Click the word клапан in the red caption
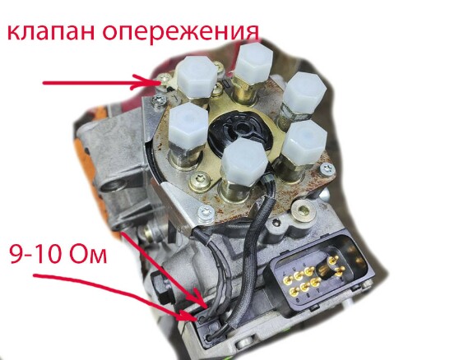[51, 31]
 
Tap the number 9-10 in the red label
[35, 254]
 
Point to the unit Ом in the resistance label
[88, 254]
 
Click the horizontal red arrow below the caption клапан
[100, 82]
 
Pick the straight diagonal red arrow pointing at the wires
[164, 269]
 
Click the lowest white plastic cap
[244, 162]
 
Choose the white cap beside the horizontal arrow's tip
[197, 77]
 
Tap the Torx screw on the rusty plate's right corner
[327, 168]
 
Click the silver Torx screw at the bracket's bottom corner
[206, 213]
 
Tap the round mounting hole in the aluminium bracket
[112, 186]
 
